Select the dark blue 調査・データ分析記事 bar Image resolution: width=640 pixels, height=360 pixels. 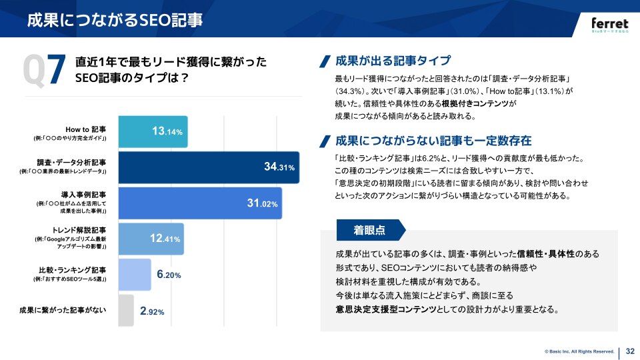[209, 167]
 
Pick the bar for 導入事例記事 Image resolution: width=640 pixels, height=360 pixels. [199, 203]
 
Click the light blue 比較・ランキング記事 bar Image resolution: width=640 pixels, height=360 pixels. [134, 275]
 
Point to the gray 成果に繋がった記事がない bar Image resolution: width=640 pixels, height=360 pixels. [125, 311]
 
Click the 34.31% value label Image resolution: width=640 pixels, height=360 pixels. [279, 167]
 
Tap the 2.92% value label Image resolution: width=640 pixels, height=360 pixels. [152, 311]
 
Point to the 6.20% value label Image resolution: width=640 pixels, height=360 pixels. [169, 275]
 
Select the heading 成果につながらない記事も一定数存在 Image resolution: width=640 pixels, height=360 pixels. [433, 141]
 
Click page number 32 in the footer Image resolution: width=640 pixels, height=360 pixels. [630, 351]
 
